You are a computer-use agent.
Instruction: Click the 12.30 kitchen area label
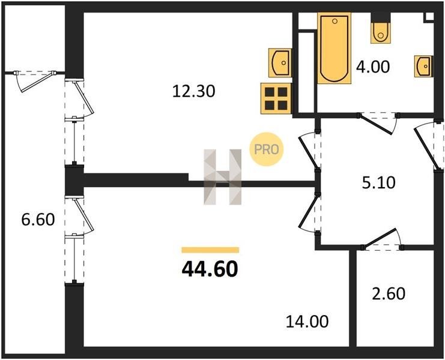194,91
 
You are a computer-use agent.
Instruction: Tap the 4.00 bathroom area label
373,67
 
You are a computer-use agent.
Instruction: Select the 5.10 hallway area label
378,182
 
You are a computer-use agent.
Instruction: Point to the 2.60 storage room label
389,293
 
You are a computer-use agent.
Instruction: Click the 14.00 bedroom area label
307,322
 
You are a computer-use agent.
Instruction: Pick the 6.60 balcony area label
38,220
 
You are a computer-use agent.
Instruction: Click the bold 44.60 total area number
210,269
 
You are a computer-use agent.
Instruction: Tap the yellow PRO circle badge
266,149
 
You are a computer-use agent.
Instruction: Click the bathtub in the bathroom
335,48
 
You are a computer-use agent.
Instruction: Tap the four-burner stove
276,98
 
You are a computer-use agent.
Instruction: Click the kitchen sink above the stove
280,62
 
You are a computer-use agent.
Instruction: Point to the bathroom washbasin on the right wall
424,66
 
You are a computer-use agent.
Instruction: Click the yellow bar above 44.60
210,250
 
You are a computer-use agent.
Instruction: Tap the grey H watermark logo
222,177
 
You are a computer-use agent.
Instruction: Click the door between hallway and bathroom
378,123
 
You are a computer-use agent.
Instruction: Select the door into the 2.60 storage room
382,240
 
